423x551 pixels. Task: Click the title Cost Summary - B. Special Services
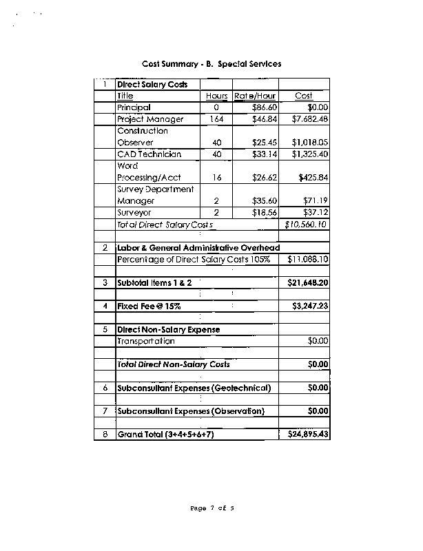click(211, 64)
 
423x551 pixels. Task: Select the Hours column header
click(216, 96)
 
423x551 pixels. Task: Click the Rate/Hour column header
click(255, 96)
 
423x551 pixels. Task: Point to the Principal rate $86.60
click(265, 107)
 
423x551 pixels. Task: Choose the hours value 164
click(216, 119)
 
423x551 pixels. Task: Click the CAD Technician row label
click(149, 154)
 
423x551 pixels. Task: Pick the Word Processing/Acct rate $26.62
click(265, 178)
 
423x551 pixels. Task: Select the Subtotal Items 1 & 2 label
click(154, 283)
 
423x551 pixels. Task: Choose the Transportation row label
click(146, 341)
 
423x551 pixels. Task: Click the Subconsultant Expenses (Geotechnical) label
click(194, 388)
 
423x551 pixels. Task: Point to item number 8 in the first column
click(105, 435)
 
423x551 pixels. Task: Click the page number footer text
click(212, 508)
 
